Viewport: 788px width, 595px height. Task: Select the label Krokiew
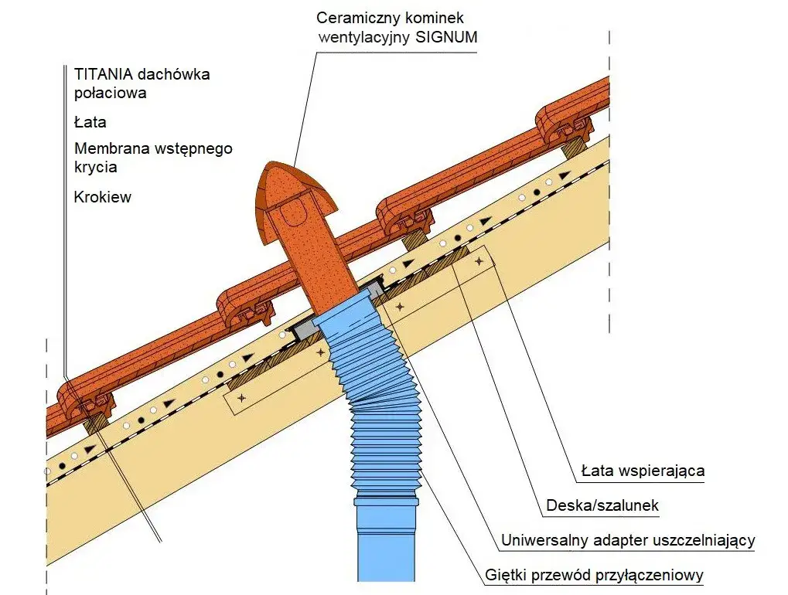tap(102, 197)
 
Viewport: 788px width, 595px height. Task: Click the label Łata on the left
tap(90, 122)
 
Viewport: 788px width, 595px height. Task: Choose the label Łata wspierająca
tap(643, 471)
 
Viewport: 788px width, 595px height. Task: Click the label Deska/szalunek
tap(602, 506)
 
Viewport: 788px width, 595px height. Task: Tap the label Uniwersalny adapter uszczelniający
tap(627, 541)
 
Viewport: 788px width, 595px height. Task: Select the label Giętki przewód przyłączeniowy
tap(595, 576)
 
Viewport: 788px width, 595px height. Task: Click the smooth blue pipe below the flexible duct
tap(387, 541)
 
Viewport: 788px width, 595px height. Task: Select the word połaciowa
tap(110, 93)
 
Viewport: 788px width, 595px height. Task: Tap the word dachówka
tap(171, 75)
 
